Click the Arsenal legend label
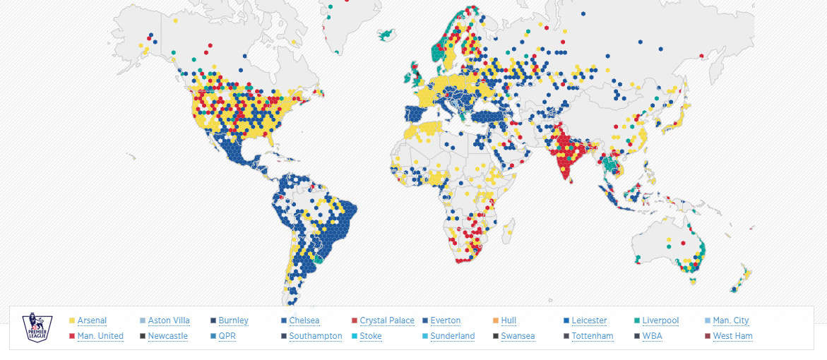[x=92, y=320]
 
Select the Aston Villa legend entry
[x=169, y=320]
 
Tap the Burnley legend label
[x=233, y=320]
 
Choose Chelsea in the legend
[x=304, y=320]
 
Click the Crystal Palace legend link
[x=387, y=320]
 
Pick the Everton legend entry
[x=445, y=320]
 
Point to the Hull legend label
[x=508, y=320]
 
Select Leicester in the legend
[x=589, y=320]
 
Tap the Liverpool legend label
[x=660, y=320]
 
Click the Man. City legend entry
[x=731, y=320]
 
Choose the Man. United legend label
[x=100, y=336]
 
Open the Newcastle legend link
[x=168, y=336]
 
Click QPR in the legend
[x=227, y=336]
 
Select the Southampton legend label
[x=316, y=336]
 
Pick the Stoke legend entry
[x=371, y=336]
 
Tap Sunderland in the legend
[x=452, y=336]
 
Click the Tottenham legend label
[x=593, y=336]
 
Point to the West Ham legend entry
[x=732, y=336]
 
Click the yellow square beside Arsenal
[x=71, y=321]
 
